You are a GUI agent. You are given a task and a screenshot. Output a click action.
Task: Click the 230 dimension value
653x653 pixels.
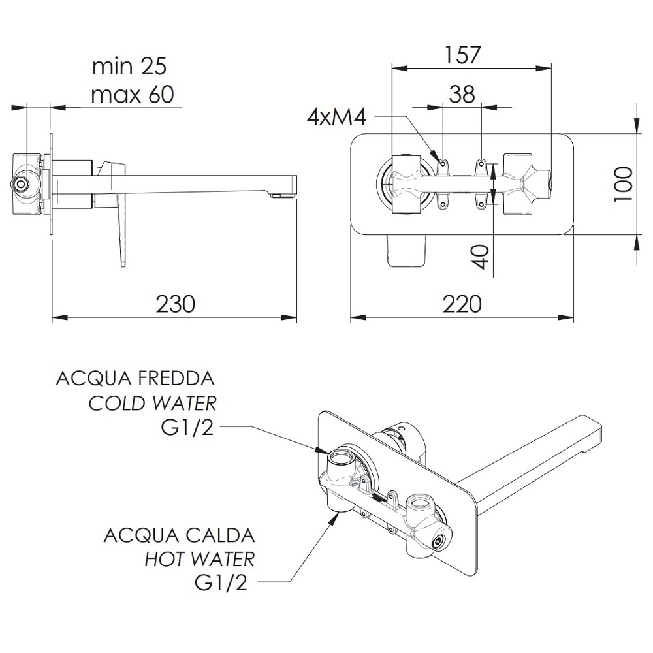click(x=175, y=304)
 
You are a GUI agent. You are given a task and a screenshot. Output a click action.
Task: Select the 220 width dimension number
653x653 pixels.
click(x=462, y=304)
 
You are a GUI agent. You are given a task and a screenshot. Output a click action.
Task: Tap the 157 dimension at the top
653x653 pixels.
click(x=463, y=55)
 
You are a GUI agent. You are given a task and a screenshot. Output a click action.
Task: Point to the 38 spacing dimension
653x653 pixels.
click(x=462, y=94)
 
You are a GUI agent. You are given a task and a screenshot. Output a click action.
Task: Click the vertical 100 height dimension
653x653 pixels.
click(x=624, y=183)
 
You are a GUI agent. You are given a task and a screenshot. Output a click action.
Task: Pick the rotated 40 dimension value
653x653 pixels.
click(x=481, y=257)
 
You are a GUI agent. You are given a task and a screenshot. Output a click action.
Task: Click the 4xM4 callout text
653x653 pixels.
click(x=336, y=117)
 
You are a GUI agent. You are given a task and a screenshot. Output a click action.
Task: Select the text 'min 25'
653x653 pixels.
click(x=129, y=66)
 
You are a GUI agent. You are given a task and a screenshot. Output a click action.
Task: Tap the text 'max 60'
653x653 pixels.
click(x=133, y=95)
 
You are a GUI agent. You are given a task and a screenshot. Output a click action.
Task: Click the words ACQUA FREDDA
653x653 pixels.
click(x=135, y=379)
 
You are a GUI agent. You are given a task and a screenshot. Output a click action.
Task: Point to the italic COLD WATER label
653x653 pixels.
click(x=152, y=403)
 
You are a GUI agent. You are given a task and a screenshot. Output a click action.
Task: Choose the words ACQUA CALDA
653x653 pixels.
click(x=179, y=535)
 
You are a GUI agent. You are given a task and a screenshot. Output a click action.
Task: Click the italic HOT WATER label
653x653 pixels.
click(x=199, y=560)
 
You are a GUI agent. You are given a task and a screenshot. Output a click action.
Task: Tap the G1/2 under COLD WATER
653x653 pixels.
click(x=187, y=427)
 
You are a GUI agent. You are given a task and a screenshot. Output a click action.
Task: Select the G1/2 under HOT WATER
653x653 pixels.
click(x=221, y=583)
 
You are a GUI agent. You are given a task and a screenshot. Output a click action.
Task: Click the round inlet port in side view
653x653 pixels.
click(x=20, y=183)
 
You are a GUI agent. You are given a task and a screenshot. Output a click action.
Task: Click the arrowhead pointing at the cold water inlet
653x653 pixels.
click(x=321, y=451)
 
